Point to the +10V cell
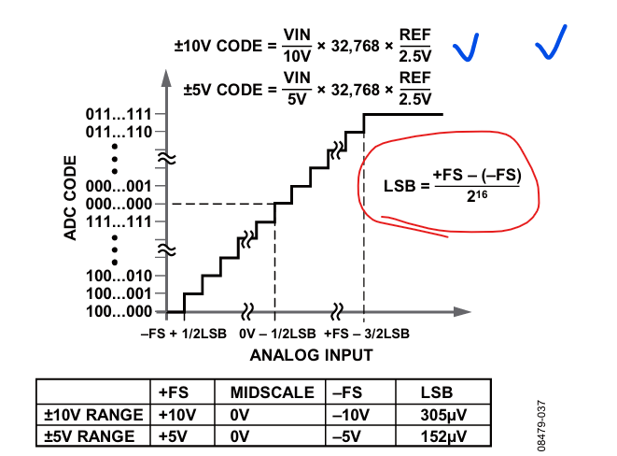coord(176,414)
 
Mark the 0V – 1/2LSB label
coord(273,333)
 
